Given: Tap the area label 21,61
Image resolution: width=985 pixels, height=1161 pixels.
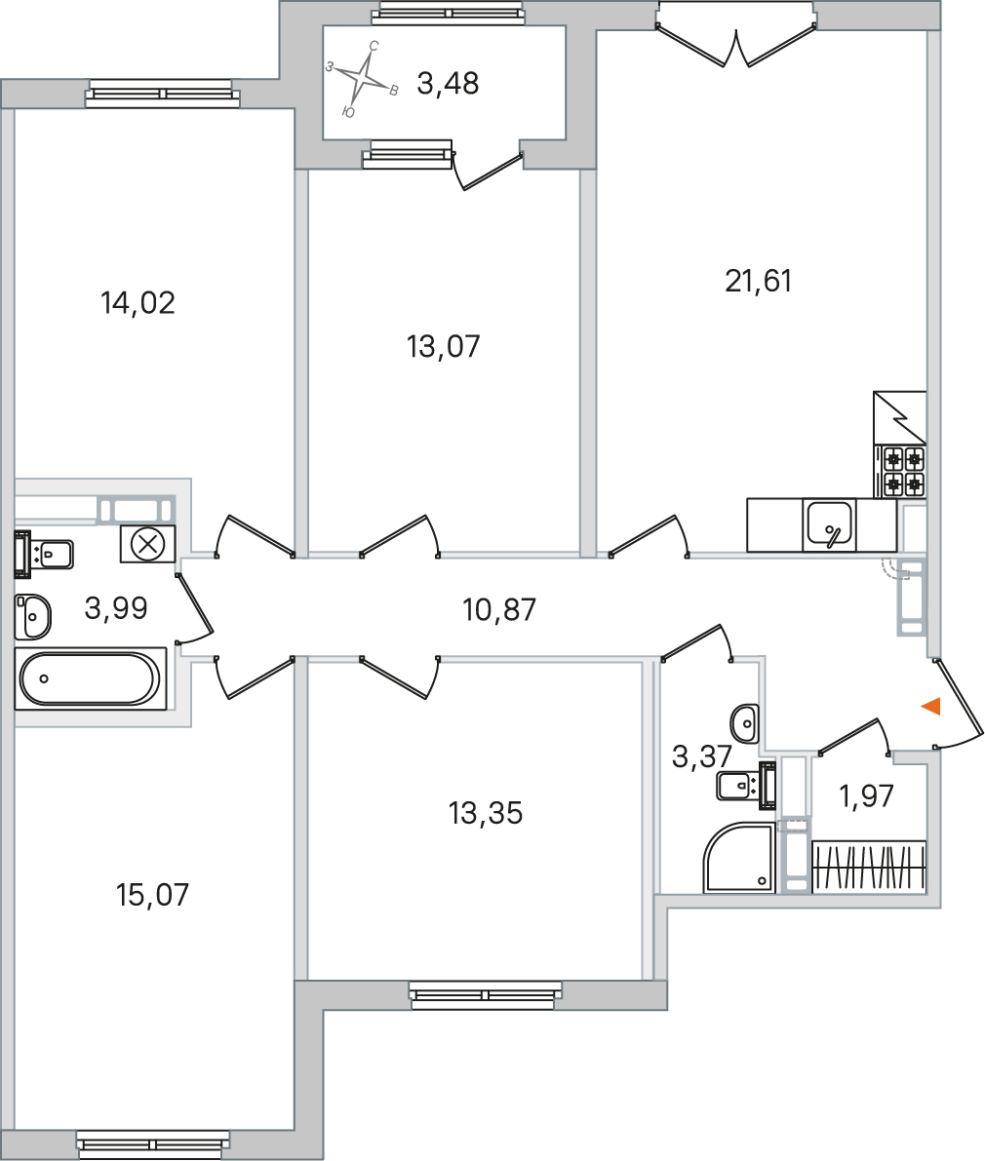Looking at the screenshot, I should pos(759,282).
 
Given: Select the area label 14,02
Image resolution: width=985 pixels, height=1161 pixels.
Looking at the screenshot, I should pos(138,303).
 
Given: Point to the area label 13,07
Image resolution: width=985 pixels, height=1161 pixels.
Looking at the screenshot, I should pos(444,346).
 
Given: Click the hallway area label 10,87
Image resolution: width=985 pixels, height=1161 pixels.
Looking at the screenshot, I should pos(499,611).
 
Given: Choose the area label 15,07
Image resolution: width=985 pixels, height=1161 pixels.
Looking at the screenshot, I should pos(152,894).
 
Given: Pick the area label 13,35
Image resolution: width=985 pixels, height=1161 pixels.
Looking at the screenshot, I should pos(486,812).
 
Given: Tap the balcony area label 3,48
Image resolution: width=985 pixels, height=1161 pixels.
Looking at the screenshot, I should pos(448,84).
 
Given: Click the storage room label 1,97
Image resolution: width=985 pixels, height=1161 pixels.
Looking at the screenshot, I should pos(867,796).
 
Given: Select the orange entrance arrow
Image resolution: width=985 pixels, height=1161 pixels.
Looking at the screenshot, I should pos(930,707).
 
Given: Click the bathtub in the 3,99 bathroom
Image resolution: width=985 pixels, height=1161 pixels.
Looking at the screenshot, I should pos(89,678).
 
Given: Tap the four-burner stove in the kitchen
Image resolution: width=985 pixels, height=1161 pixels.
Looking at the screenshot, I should pos(902,471).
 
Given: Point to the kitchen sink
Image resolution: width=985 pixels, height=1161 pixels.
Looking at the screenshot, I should pos(829,524).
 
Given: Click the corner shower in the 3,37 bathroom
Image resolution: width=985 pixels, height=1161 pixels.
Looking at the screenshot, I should pos(739,858).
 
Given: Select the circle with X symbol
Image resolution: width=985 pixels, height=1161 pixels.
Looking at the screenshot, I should pos(148,543).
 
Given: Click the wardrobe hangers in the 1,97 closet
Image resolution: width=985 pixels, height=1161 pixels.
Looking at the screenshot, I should pos(868,866).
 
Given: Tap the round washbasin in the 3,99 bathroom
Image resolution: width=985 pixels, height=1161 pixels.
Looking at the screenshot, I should pos(34,616).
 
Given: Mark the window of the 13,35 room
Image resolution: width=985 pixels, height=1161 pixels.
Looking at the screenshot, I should pos(487,995).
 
